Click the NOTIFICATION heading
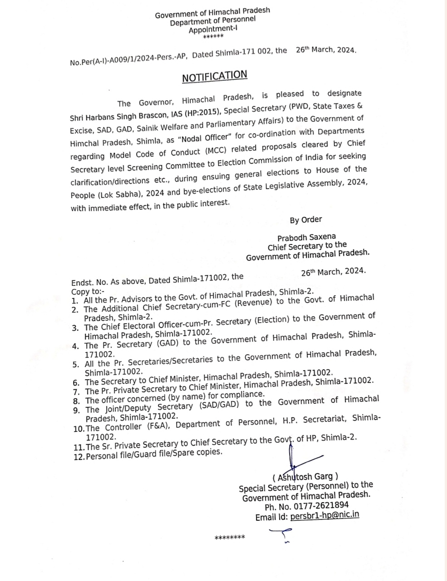(215, 76)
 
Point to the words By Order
(306, 220)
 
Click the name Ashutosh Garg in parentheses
(305, 477)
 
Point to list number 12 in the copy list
(79, 456)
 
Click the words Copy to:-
(88, 292)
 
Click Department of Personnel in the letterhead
(212, 21)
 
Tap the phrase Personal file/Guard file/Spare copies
(154, 454)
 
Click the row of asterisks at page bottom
(230, 538)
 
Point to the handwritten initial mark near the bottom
(281, 535)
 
